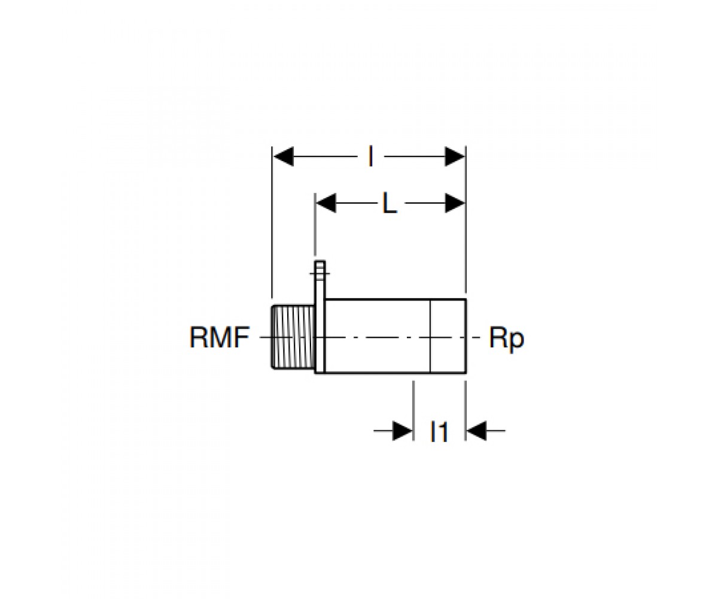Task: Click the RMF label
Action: tap(220, 338)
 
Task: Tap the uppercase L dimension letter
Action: tap(390, 204)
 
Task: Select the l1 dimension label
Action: tap(439, 432)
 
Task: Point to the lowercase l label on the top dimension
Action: tap(370, 156)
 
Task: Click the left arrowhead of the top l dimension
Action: tap(284, 156)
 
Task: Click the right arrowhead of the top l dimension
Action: tap(455, 156)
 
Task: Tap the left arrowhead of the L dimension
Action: tap(326, 203)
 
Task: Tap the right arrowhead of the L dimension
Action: tap(455, 203)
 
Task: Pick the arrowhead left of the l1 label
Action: tap(402, 430)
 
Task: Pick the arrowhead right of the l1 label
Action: tap(477, 430)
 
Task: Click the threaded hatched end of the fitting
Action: tap(293, 337)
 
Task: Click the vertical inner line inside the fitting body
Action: tap(430, 336)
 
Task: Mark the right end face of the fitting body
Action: tap(466, 336)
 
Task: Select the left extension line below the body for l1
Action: tap(413, 410)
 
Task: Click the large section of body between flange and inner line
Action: tap(378, 336)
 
